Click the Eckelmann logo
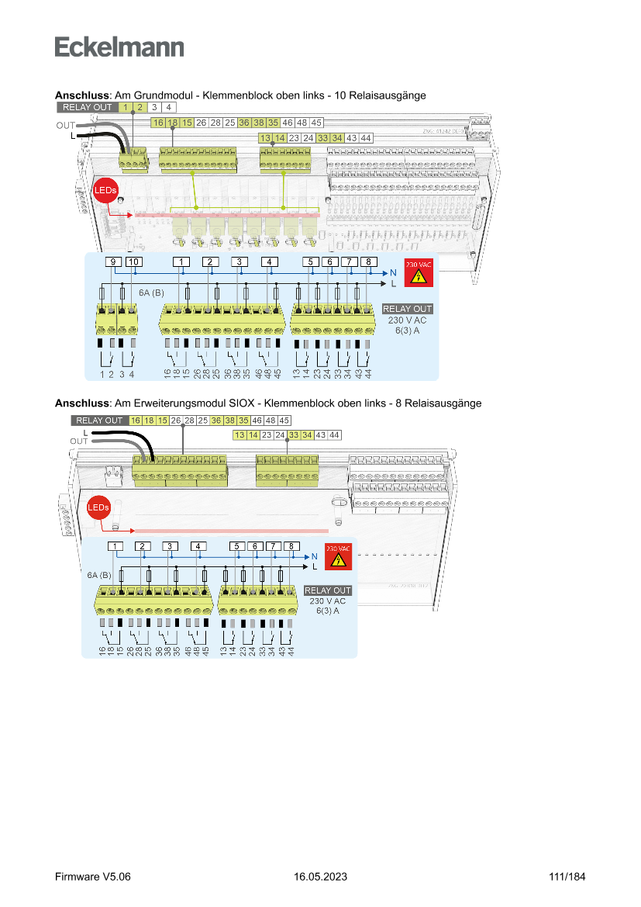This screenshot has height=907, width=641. coord(119,47)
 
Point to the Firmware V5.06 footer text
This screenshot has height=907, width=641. coord(93,877)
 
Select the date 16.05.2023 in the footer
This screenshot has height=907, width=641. coord(320,877)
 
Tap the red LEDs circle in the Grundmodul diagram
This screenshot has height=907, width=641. coord(105,190)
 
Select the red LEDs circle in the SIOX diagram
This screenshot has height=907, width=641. coord(98,507)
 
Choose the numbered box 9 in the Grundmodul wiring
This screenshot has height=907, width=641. coord(114,261)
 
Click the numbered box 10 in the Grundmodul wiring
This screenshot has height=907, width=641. coord(133,261)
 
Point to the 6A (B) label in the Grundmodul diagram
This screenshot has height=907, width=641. coord(151,293)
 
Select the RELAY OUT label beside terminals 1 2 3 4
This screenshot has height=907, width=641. coord(88,107)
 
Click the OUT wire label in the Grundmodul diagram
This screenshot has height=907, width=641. coord(65,126)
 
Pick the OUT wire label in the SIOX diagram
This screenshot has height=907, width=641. coord(79,441)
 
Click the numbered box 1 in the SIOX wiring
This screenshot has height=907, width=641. coord(115,546)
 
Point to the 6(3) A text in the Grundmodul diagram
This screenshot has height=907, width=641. coord(407,329)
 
